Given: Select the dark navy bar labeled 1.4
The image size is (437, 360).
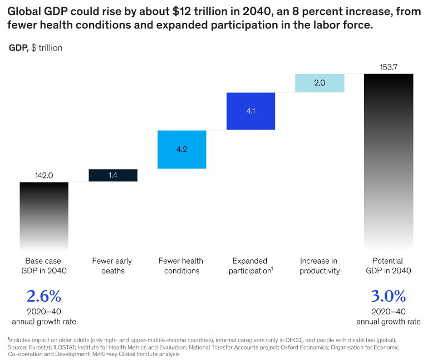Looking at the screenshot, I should point(113,175).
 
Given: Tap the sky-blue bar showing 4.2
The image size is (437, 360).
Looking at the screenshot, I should point(182,149).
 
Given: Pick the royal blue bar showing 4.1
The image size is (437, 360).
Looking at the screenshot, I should point(251,111).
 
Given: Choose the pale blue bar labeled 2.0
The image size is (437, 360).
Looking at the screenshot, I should point(320,83).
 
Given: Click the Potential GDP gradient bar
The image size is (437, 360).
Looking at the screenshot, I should point(389,162).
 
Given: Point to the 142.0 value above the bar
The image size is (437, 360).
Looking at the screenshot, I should point(43,175).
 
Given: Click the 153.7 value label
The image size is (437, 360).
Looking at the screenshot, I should point(389,67).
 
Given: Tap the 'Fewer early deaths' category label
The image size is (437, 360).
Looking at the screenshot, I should point(113,266).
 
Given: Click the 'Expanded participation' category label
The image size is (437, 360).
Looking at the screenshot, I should point(251,266).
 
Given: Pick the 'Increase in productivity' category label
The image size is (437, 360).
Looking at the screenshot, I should point(320,266).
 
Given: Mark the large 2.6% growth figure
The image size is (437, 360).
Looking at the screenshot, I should point(43,295).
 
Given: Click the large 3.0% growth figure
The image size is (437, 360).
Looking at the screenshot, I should point(389,295).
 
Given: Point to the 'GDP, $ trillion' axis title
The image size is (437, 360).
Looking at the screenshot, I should point(36,48).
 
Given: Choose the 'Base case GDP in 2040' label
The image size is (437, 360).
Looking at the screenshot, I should point(43,266).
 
